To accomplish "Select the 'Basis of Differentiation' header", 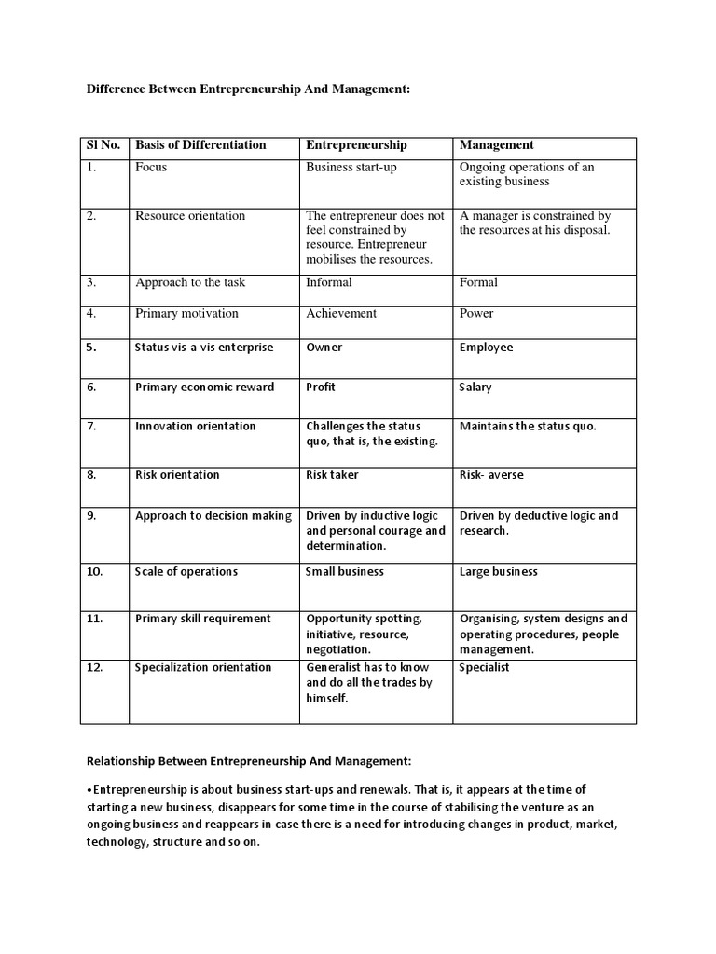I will [200, 145].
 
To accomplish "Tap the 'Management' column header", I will [497, 145].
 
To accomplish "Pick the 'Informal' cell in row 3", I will [329, 282].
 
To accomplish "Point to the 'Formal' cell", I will [478, 282].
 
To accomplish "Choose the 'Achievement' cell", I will [341, 314].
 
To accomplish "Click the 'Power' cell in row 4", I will [476, 314].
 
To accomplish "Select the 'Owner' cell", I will [324, 348].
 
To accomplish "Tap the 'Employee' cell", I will [486, 348].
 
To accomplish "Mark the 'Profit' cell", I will [321, 388].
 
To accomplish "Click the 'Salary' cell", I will [475, 388].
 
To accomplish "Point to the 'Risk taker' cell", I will [332, 475].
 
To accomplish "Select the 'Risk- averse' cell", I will [491, 475].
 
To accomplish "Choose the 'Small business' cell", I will [344, 572].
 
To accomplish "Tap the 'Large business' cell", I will [498, 572].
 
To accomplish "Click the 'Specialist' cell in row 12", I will [484, 668].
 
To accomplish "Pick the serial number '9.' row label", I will [91, 516].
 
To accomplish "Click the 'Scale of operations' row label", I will [186, 572].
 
